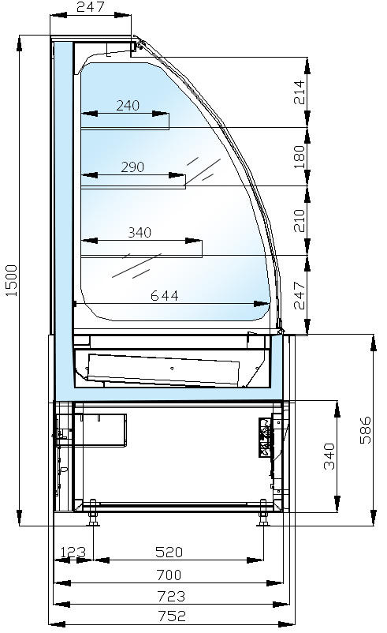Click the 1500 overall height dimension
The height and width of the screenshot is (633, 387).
tap(12, 280)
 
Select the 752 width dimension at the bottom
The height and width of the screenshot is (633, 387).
tap(172, 616)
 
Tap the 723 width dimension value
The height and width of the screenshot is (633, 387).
tap(171, 596)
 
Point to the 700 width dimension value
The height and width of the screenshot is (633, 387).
tap(169, 575)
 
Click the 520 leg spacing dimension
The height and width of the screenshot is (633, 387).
tap(169, 552)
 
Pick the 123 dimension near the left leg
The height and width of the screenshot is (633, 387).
tap(73, 552)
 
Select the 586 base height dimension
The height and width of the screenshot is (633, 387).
tap(366, 430)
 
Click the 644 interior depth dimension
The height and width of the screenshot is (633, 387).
tap(165, 296)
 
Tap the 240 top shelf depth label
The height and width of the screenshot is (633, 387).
tap(128, 106)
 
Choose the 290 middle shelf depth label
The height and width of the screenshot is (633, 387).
tap(132, 167)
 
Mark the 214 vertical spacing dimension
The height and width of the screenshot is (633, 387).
tap(300, 92)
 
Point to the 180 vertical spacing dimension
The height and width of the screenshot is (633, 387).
tap(300, 157)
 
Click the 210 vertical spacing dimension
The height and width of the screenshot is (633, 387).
tap(300, 220)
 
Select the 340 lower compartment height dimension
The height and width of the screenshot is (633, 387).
tap(329, 456)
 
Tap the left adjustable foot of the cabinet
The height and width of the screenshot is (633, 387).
tap(93, 513)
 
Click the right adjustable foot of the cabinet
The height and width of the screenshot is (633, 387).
tap(263, 513)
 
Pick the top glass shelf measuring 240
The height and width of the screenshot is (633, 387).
tap(125, 129)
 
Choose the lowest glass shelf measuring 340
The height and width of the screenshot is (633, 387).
tap(142, 256)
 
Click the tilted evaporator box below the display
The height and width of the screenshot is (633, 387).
tap(163, 370)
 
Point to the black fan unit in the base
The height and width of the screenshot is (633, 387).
tap(266, 437)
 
